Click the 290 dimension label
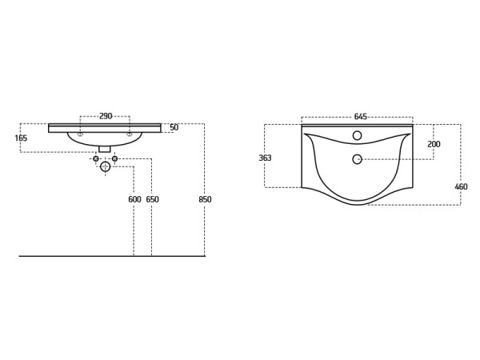(x=106, y=116)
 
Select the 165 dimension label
(x=21, y=138)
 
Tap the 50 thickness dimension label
(x=174, y=127)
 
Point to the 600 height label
(x=134, y=199)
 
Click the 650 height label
(x=152, y=199)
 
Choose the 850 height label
(x=205, y=199)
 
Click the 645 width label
(x=360, y=117)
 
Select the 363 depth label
(x=265, y=158)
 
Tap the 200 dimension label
(x=434, y=144)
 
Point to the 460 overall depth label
(x=461, y=186)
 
